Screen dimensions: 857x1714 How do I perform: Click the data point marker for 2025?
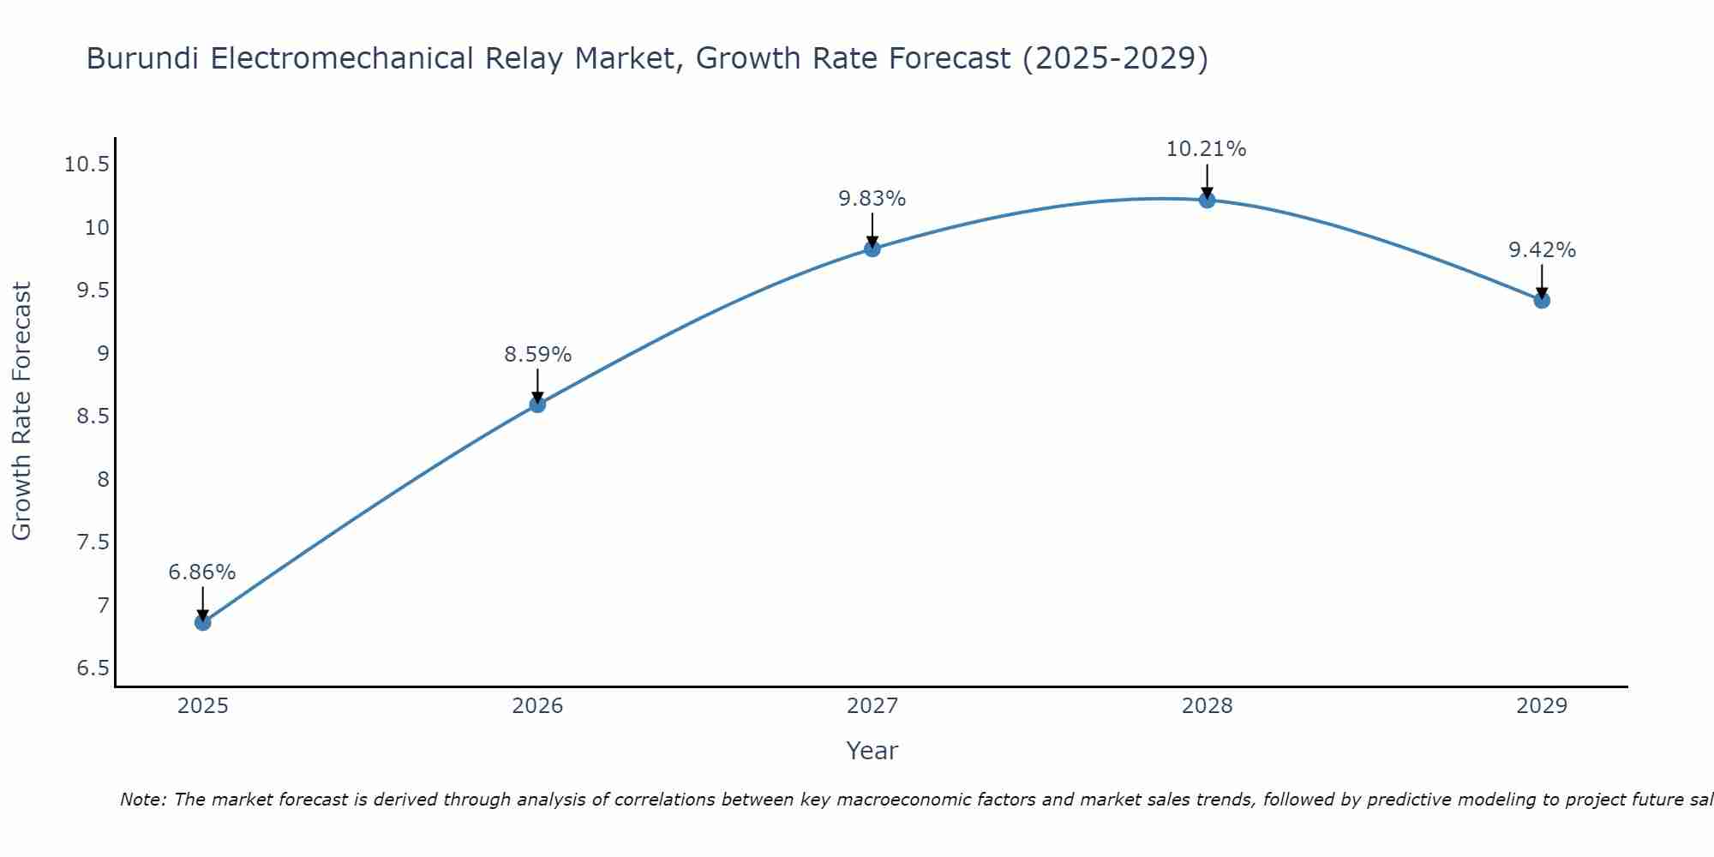pyautogui.click(x=203, y=622)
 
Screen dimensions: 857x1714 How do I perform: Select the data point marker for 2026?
pyautogui.click(x=537, y=405)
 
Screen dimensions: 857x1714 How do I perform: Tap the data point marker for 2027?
pyautogui.click(x=872, y=249)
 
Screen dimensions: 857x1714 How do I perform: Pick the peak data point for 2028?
pyautogui.click(x=1207, y=201)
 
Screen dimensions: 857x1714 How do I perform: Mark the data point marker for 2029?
pyautogui.click(x=1542, y=301)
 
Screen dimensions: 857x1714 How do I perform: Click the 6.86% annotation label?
pyautogui.click(x=202, y=572)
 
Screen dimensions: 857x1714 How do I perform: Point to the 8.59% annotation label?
pyautogui.click(x=537, y=355)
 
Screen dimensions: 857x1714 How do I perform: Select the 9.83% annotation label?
pyautogui.click(x=872, y=199)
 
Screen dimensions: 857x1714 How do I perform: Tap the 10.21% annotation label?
pyautogui.click(x=1206, y=149)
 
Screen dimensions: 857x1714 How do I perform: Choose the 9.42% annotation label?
pyautogui.click(x=1542, y=250)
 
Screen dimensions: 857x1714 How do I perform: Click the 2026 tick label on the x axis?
pyautogui.click(x=537, y=706)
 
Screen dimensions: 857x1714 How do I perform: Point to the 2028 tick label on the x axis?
pyautogui.click(x=1207, y=706)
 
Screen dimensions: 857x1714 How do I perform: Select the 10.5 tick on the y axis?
pyautogui.click(x=87, y=165)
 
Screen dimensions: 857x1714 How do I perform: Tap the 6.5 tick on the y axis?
pyautogui.click(x=93, y=668)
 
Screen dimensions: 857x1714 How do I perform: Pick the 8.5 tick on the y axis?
pyautogui.click(x=93, y=417)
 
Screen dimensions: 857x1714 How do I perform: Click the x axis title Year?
pyautogui.click(x=872, y=751)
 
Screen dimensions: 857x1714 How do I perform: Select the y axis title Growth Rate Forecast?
pyautogui.click(x=21, y=411)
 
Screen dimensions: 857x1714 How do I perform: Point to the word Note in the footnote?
pyautogui.click(x=141, y=800)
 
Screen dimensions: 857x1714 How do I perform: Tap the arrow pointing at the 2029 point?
pyautogui.click(x=1542, y=281)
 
